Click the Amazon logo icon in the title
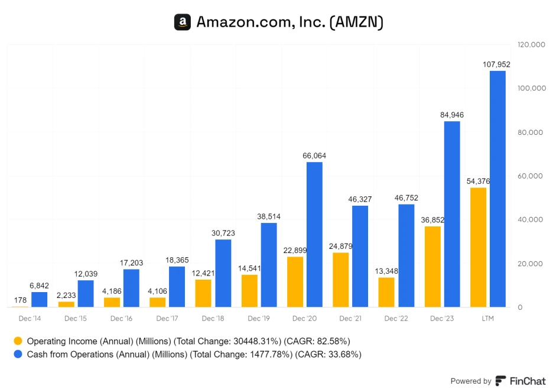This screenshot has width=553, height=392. click(x=182, y=22)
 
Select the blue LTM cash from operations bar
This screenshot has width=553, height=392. click(x=497, y=189)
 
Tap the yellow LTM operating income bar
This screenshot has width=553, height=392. click(x=478, y=247)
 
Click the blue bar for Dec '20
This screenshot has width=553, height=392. click(x=314, y=234)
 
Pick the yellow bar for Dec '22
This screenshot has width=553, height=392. click(x=386, y=292)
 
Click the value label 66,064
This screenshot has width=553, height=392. click(x=314, y=155)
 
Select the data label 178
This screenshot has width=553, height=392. click(x=20, y=300)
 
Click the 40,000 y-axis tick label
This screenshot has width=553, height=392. click(x=529, y=219)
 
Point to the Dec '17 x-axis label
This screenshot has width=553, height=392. click(x=167, y=319)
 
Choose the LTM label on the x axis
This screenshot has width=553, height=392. click(x=487, y=319)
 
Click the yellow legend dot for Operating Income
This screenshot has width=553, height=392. click(x=18, y=341)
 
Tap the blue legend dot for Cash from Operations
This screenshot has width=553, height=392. click(x=18, y=355)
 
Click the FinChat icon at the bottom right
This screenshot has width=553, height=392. click(x=500, y=381)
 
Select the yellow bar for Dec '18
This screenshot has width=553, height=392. click(x=203, y=293)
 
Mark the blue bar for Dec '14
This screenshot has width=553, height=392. click(x=40, y=299)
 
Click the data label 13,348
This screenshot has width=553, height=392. click(x=386, y=271)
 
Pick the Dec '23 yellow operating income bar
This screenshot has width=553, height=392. click(x=432, y=267)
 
